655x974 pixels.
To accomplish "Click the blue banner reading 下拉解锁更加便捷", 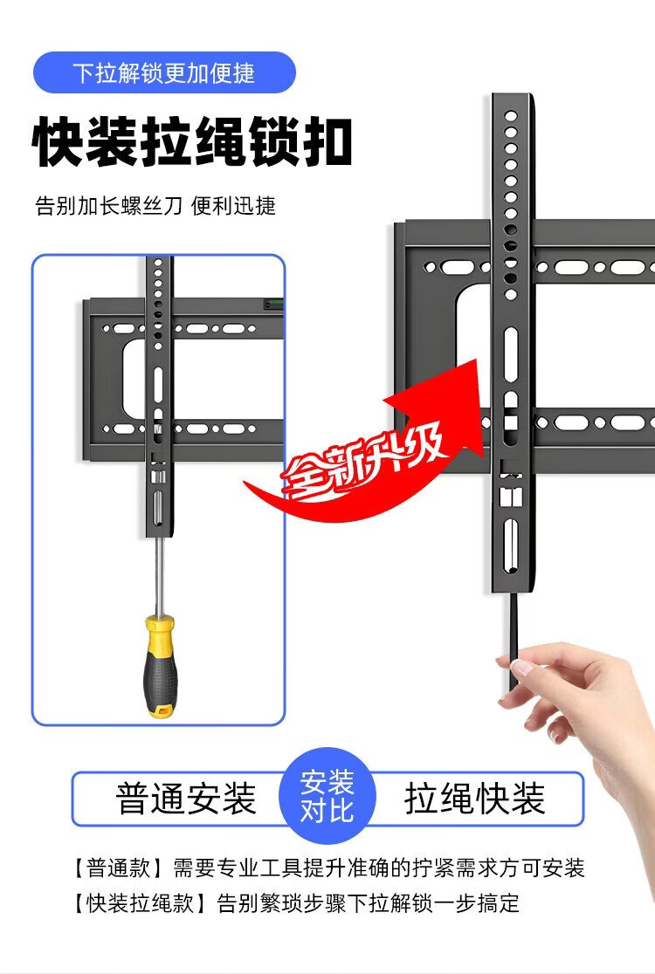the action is pos(164,72).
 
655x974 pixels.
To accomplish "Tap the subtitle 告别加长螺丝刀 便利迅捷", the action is pos(155,206).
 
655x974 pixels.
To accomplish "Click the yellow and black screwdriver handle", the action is pos(160,666).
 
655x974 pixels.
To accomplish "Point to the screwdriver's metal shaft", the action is pos(160,575).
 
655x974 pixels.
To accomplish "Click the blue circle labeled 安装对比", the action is pos(327,796).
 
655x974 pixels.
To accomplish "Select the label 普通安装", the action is pos(186,799).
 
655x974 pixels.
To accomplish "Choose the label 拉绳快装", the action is pos(475,799).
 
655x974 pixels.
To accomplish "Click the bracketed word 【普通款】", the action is pos(118,868).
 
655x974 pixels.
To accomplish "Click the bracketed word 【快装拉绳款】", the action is pos(140,902).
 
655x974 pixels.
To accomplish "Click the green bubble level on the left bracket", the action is pos(273,305).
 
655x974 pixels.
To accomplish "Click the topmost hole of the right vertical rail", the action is pos(511,116).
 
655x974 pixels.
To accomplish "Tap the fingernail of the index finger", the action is pos(521,668).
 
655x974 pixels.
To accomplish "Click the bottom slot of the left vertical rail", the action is pos(157,507).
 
